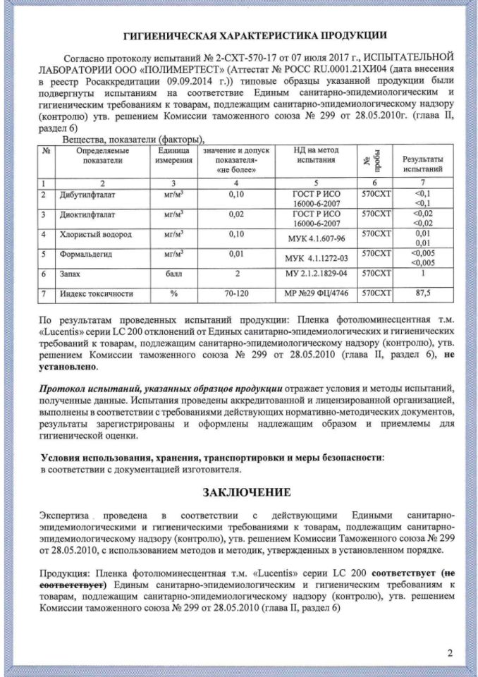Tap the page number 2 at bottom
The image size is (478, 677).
pos(449,652)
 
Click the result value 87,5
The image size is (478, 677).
pos(423,293)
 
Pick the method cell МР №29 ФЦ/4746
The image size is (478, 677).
pos(316,293)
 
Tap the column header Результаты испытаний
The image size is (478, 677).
pos(423,165)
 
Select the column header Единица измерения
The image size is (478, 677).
pos(173,155)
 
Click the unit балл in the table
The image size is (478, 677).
pos(173,273)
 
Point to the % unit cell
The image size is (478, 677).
pos(173,293)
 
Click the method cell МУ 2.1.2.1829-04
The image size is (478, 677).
pos(316,273)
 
